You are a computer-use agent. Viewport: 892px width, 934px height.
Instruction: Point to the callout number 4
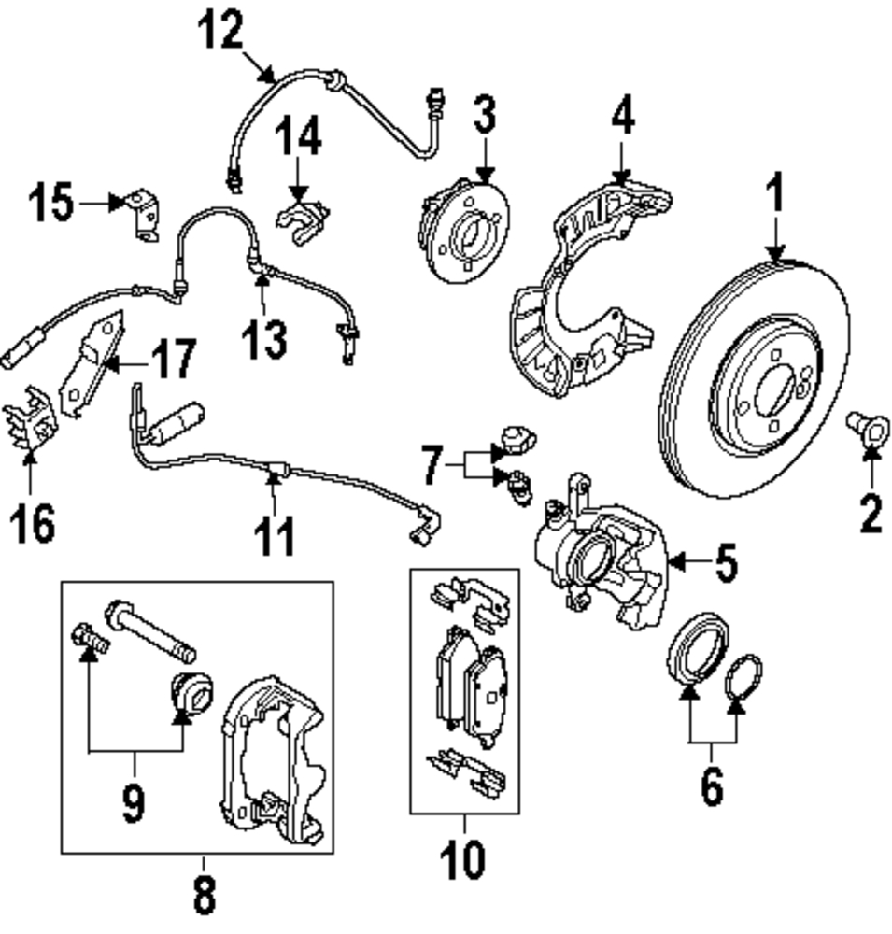pos(623,119)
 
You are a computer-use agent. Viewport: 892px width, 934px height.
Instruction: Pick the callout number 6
pos(712,787)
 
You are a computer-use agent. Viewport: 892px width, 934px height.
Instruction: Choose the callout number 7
pos(431,464)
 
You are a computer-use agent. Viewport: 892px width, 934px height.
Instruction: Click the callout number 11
pos(275,537)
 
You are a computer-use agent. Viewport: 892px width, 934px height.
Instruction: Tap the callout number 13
pos(265,338)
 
